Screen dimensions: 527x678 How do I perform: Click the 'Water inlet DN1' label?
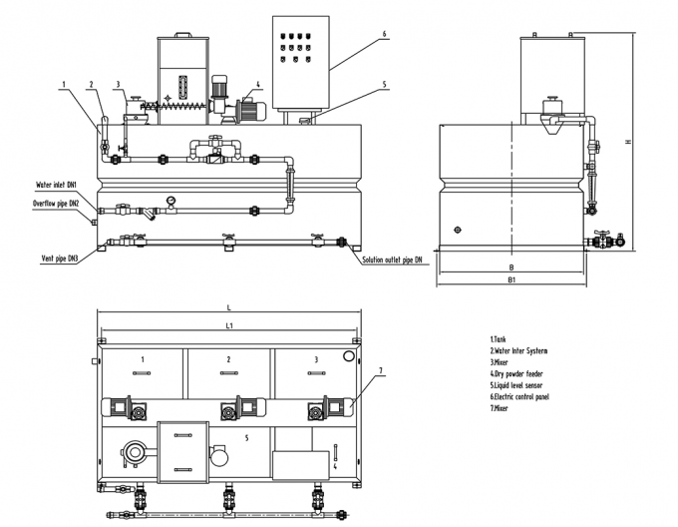coord(56,185)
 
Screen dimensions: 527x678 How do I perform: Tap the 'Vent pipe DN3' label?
coord(59,258)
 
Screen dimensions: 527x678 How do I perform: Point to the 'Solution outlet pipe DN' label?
coord(391,261)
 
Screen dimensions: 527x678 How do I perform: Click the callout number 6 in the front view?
coord(383,34)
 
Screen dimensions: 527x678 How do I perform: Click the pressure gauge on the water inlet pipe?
coord(171,199)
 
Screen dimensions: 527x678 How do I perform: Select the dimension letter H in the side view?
coord(626,141)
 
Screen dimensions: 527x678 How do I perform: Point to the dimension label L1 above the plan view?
coord(228,326)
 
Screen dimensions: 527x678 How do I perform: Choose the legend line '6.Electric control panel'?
coord(519,396)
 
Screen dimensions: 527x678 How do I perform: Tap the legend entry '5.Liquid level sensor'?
coord(517,384)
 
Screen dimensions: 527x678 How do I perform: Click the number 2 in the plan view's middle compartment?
coord(228,358)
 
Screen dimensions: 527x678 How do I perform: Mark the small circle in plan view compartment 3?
coord(349,356)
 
